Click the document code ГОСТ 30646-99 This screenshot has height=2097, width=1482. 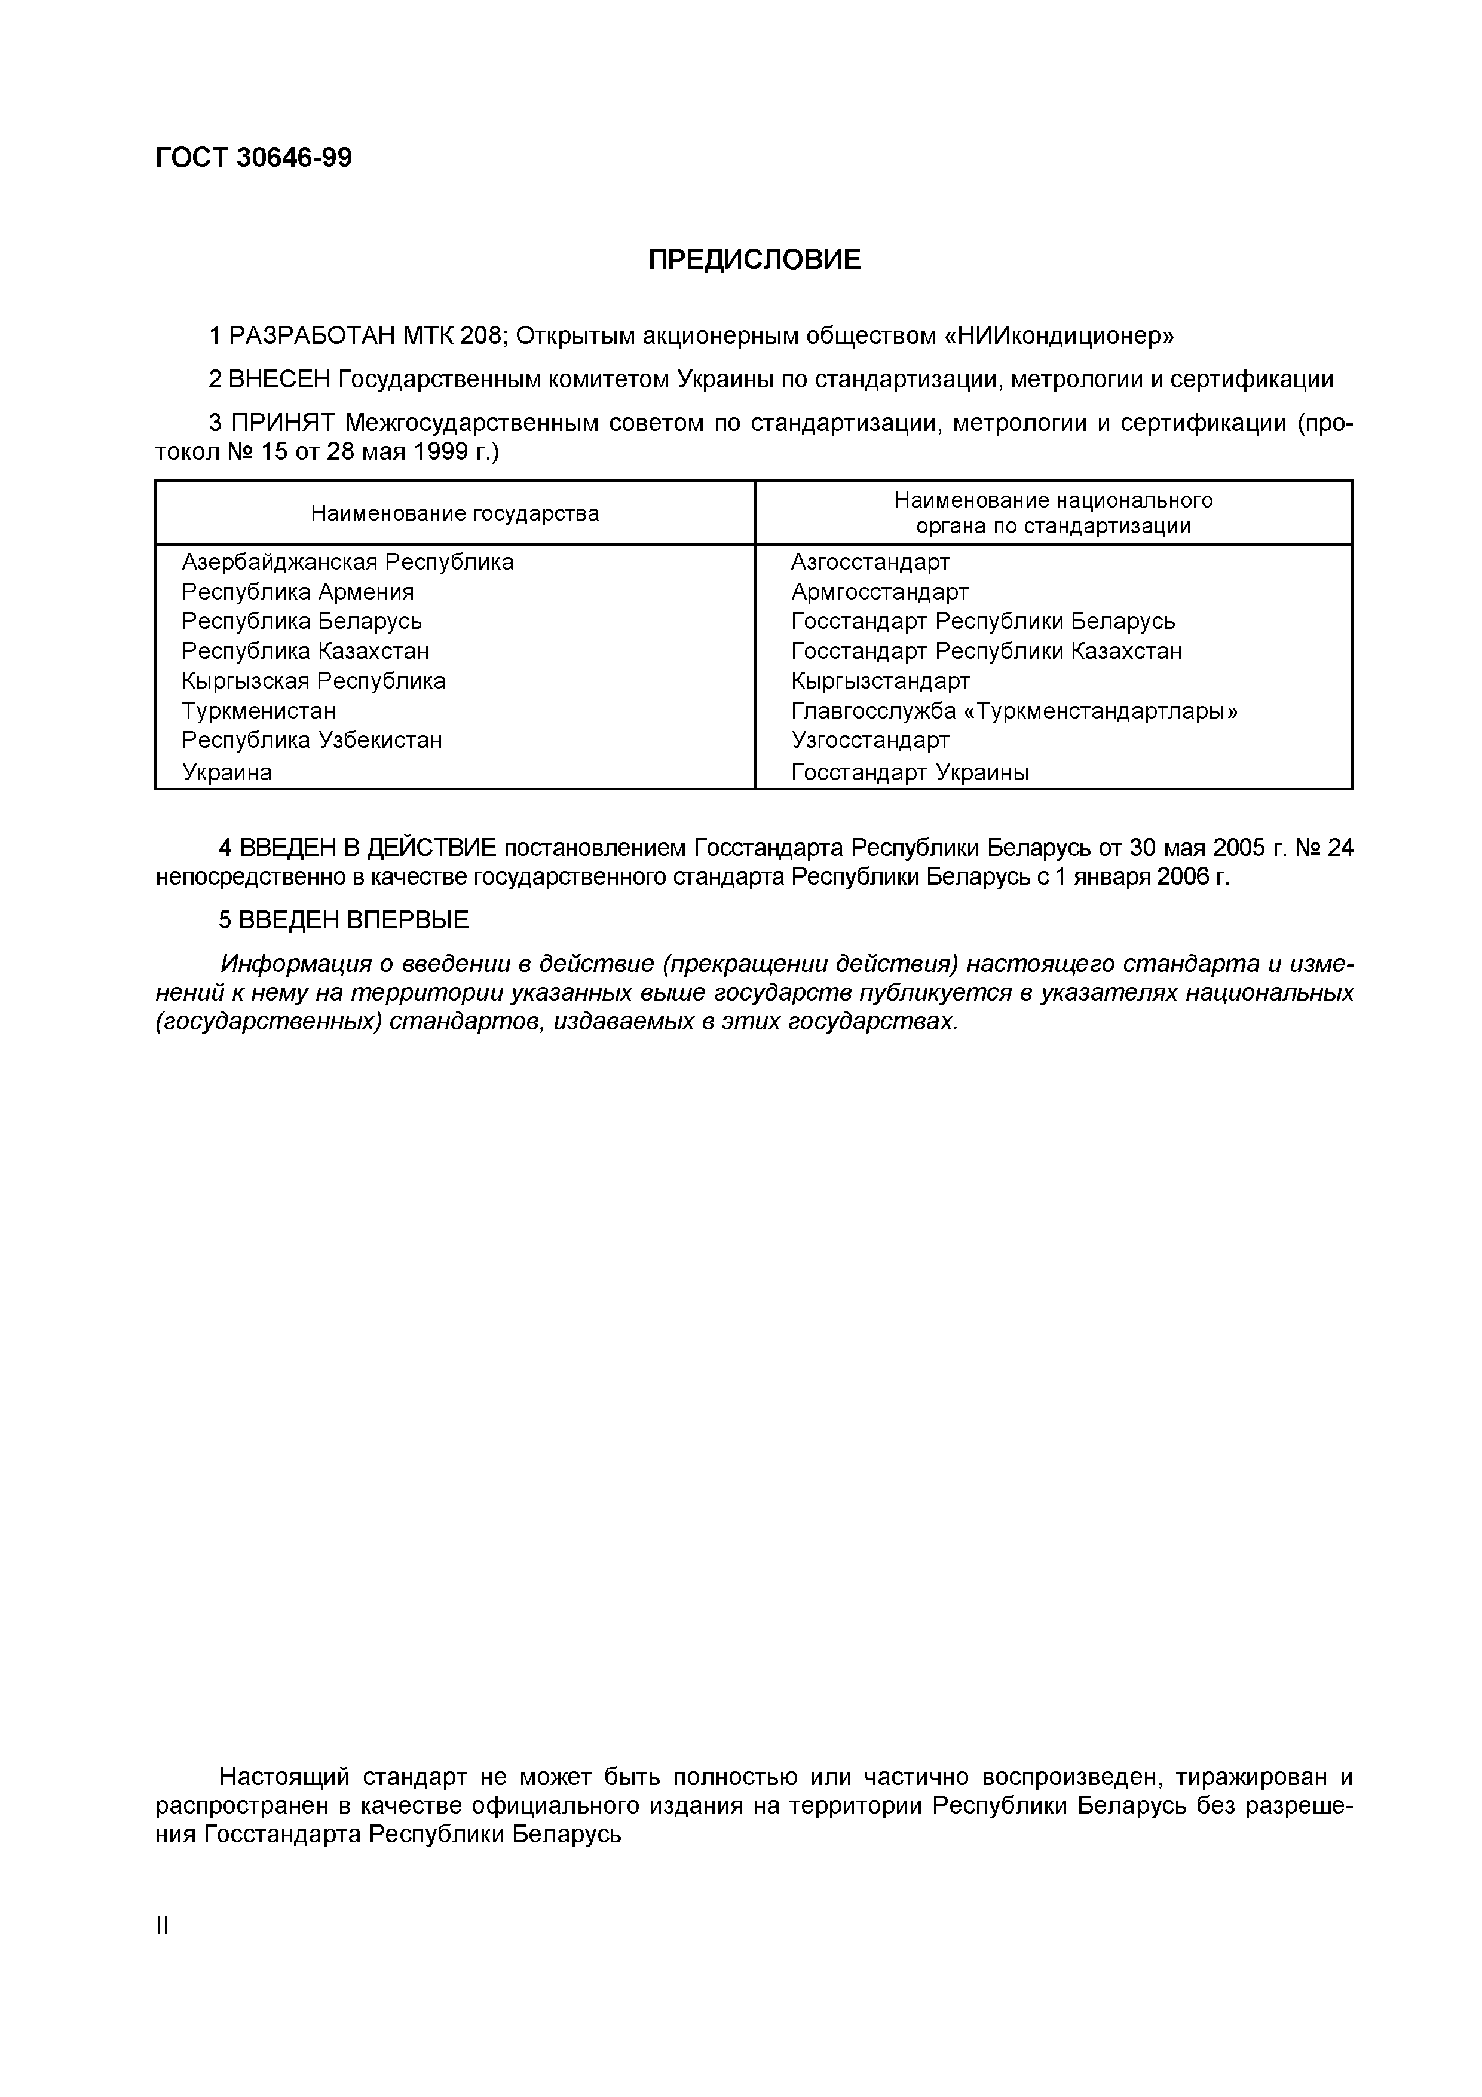tap(253, 158)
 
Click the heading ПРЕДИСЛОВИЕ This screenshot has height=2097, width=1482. tap(754, 260)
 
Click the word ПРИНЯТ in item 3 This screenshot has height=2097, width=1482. tap(284, 423)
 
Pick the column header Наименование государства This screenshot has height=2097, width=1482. tap(455, 513)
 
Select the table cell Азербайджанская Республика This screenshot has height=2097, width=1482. tap(347, 562)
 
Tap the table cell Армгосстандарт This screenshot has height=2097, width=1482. tap(879, 592)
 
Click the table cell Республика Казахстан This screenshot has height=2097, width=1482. tap(305, 651)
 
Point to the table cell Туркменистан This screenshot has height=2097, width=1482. tap(258, 711)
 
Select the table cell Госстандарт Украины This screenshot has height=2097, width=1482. tap(910, 773)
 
